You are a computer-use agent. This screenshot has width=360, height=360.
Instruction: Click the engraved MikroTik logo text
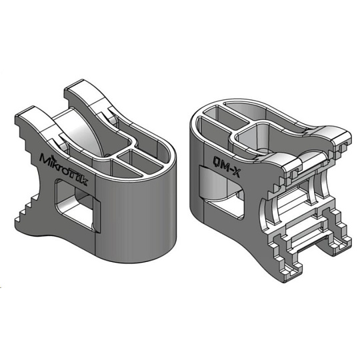[x=63, y=169]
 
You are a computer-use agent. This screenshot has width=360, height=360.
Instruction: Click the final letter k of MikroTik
[x=84, y=181]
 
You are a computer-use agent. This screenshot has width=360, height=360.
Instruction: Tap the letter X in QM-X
[x=235, y=173]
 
